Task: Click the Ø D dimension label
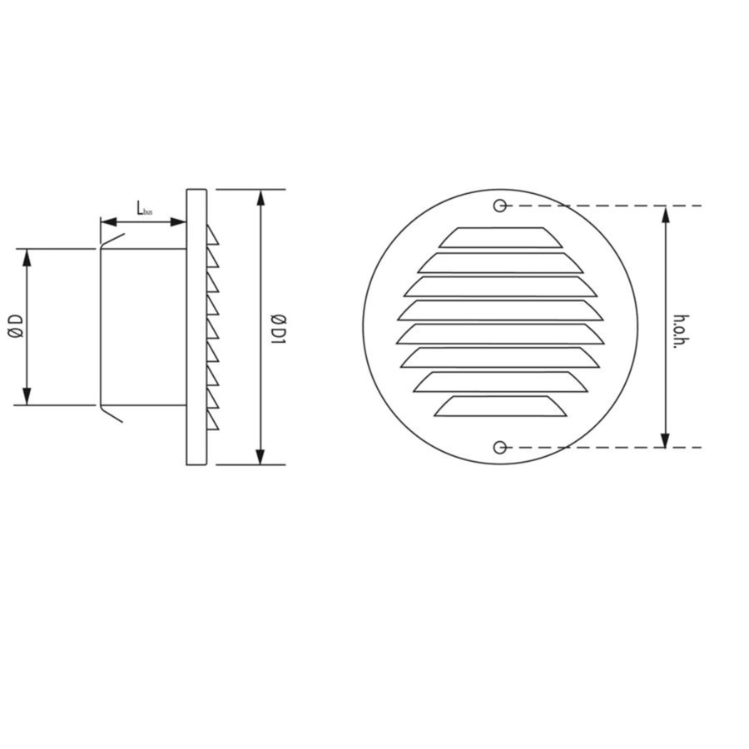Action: [x=14, y=326]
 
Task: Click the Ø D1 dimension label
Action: [x=280, y=326]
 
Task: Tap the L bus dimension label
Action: [x=143, y=210]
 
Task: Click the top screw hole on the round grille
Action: [x=499, y=206]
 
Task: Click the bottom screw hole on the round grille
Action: [x=499, y=448]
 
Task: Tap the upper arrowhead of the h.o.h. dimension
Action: [x=665, y=213]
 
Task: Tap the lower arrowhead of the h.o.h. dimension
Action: [x=665, y=439]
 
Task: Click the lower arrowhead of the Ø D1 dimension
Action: [x=261, y=456]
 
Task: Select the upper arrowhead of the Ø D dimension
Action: [x=27, y=256]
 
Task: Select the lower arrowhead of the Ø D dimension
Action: [x=27, y=397]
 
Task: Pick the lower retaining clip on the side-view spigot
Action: [x=111, y=414]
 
